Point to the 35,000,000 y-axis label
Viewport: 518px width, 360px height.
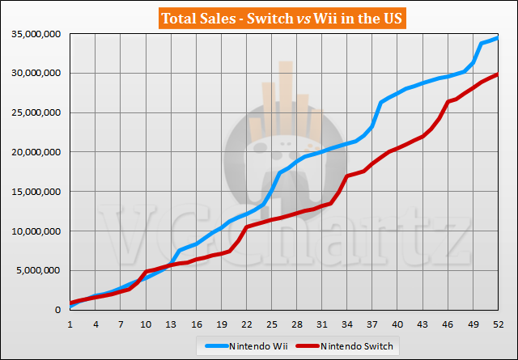click(x=33, y=33)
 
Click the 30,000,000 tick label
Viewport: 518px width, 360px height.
click(x=33, y=73)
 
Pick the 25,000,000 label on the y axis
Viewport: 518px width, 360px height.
click(x=33, y=112)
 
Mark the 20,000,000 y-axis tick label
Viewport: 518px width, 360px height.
click(x=33, y=152)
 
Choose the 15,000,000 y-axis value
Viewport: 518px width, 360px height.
click(x=33, y=192)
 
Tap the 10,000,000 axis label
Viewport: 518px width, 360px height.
click(x=33, y=231)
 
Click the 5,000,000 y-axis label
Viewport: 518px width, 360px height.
click(x=36, y=271)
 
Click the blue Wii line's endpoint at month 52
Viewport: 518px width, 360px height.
click(x=498, y=38)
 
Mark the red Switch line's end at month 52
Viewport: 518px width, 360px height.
click(x=498, y=74)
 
